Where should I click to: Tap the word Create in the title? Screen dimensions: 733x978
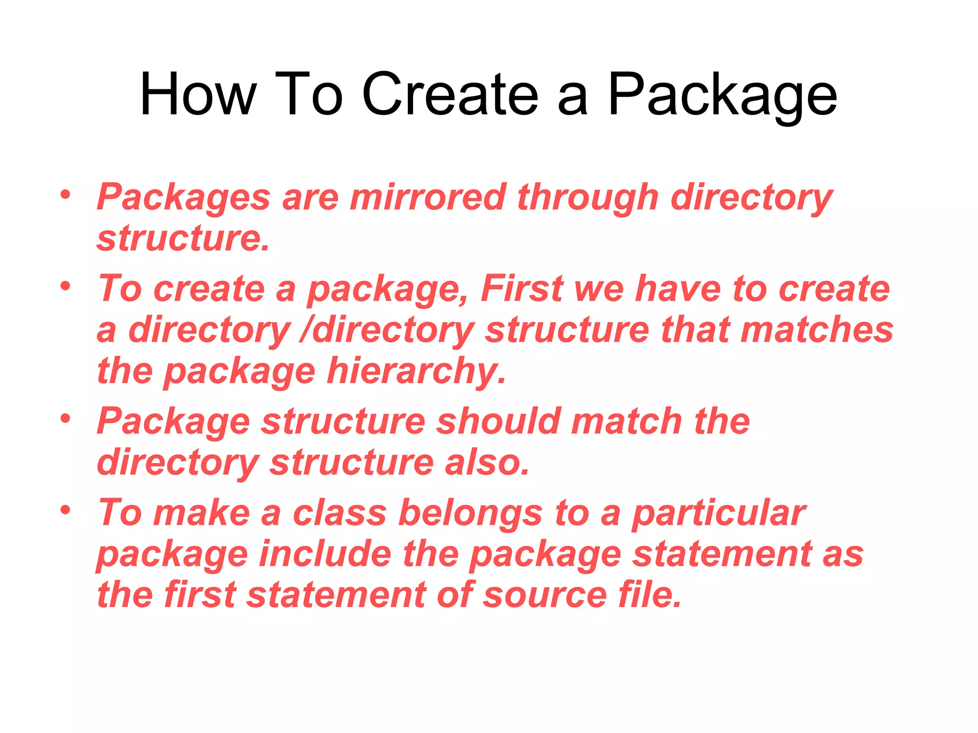coord(450,94)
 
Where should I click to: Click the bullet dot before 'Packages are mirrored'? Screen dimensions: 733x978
coord(65,195)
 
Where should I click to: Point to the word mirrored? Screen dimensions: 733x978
coord(428,197)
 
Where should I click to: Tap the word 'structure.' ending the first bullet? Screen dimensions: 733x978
coord(183,239)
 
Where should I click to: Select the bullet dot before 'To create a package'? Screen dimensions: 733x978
coord(65,286)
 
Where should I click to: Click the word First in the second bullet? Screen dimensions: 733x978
coord(522,289)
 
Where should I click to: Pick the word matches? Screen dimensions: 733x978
coord(817,330)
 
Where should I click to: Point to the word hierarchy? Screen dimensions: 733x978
coord(416,372)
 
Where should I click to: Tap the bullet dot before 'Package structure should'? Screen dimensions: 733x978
coord(65,419)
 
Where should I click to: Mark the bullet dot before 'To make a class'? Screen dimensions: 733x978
coord(65,510)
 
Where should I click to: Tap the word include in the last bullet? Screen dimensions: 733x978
coord(325,555)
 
